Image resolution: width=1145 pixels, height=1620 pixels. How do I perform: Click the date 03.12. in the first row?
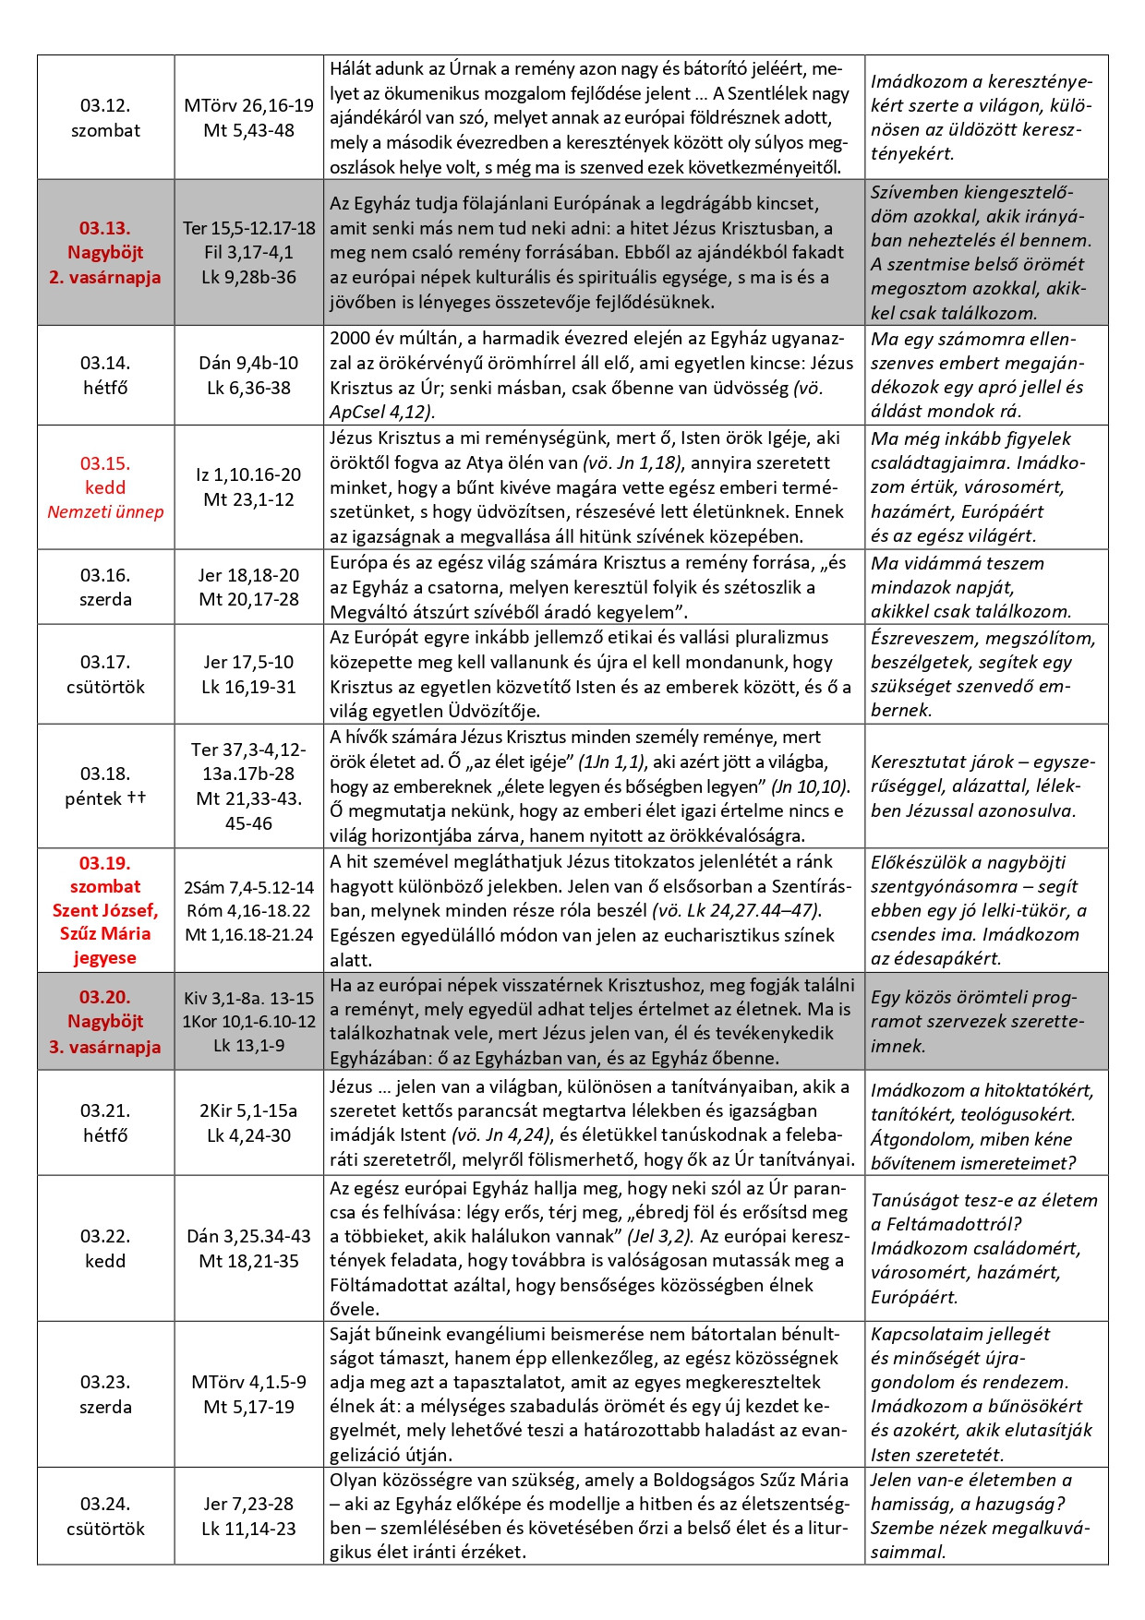tap(105, 105)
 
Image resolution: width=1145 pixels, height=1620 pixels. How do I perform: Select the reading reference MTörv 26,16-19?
tap(248, 105)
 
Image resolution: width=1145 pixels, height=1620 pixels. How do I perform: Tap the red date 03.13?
tap(105, 228)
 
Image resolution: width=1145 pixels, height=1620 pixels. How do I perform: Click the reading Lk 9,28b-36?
tap(248, 277)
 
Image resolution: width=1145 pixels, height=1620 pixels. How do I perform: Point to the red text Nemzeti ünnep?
tap(105, 511)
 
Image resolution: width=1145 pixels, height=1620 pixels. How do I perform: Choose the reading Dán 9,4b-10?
tap(248, 363)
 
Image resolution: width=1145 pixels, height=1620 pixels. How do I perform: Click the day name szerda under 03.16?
tap(105, 599)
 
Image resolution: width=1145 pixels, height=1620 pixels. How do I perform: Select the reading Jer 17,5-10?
tap(248, 662)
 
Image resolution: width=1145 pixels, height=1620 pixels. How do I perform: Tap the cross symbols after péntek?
tap(137, 798)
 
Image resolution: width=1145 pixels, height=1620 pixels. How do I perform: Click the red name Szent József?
tap(105, 910)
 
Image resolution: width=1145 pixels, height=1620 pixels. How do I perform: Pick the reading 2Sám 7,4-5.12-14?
tap(248, 887)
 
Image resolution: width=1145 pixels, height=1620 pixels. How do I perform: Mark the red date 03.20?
tap(105, 997)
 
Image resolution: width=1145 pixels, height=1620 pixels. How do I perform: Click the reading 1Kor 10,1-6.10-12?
tap(248, 1022)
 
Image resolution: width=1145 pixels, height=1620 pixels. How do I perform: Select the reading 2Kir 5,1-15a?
tap(248, 1110)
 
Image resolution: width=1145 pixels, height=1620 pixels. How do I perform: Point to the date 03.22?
tap(105, 1236)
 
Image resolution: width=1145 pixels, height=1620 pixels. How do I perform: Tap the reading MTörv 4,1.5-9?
tap(248, 1382)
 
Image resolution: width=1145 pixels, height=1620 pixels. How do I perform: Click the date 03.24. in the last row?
tap(105, 1504)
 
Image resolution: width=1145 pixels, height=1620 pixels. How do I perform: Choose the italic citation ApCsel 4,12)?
tap(381, 413)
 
